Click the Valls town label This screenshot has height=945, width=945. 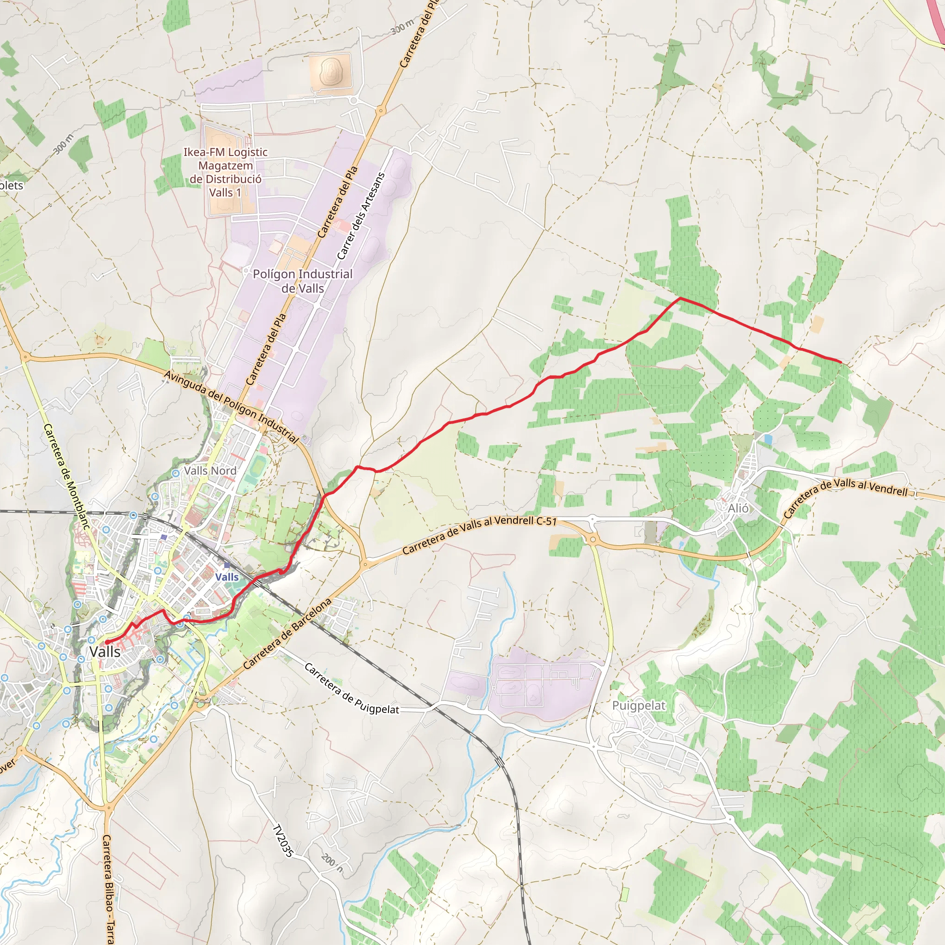105,652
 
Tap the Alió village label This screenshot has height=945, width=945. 738,508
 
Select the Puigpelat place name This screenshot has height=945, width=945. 639,706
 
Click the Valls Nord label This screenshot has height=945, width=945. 210,471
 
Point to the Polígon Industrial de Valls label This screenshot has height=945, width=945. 302,281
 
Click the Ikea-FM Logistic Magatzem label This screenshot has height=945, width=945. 226,172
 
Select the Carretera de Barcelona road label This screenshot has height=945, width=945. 287,634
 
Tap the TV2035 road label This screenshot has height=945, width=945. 283,841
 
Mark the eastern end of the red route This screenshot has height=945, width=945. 841,362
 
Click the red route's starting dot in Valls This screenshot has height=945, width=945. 107,642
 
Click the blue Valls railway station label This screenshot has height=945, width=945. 227,577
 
